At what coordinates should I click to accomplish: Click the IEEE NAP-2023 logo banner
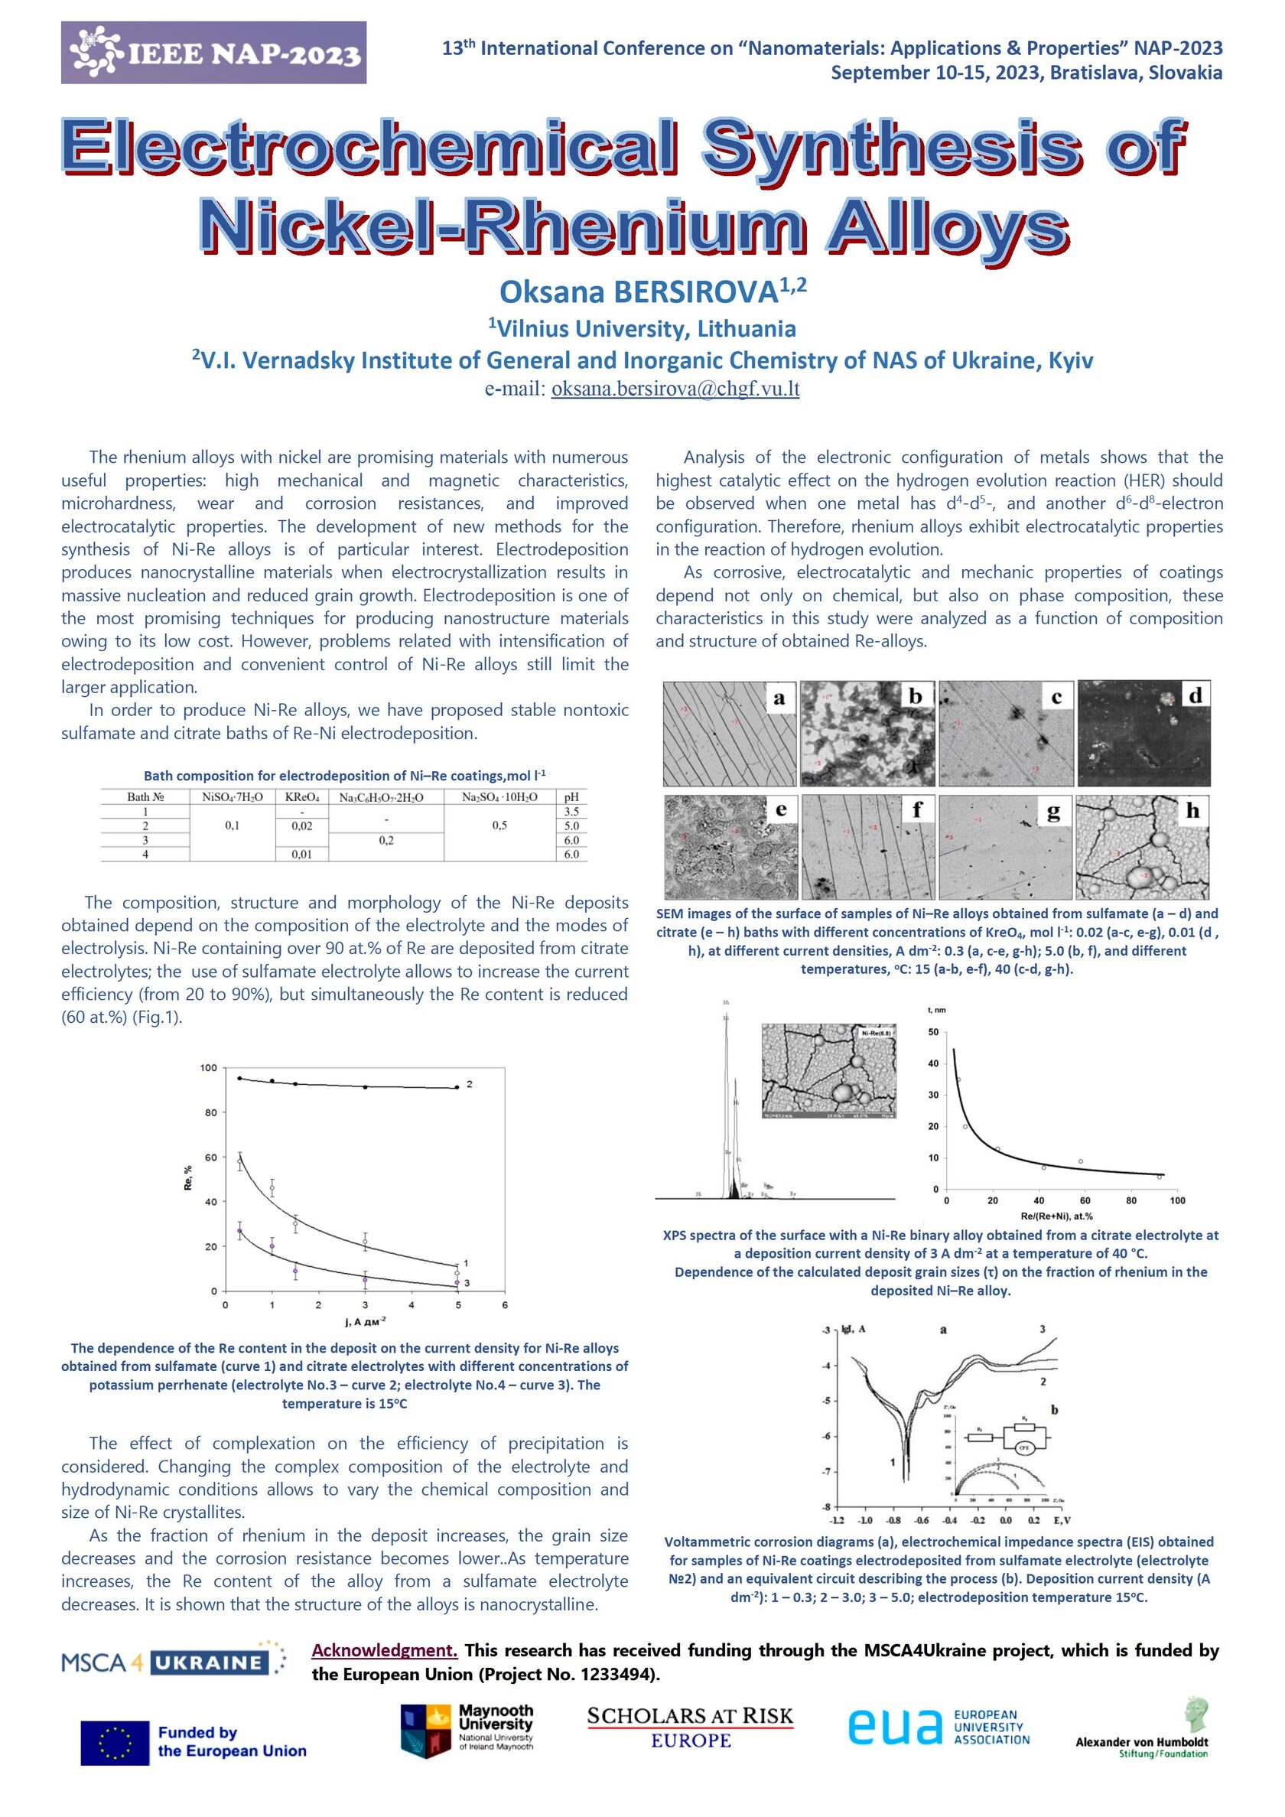click(x=213, y=52)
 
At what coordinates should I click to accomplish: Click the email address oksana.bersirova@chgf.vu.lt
click(x=675, y=389)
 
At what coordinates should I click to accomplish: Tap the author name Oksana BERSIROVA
click(x=639, y=292)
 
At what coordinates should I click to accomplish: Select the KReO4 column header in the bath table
click(x=302, y=797)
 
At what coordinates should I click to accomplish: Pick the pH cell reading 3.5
click(x=571, y=811)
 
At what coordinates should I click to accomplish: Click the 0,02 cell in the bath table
click(x=301, y=825)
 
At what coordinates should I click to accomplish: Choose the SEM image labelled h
click(x=1143, y=847)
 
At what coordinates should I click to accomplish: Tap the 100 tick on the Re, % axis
click(x=208, y=1068)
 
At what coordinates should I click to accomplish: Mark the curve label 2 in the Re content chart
click(x=469, y=1083)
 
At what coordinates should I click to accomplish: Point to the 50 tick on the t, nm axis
click(x=934, y=1033)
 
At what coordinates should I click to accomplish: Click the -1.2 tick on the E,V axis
click(x=836, y=1519)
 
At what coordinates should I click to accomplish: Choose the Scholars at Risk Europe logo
click(x=690, y=1727)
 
